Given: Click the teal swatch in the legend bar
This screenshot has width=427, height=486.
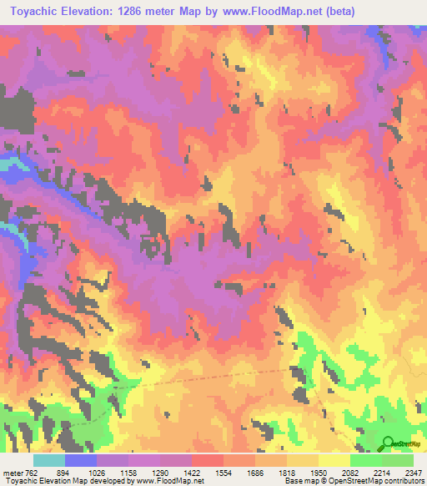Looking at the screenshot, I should click(49, 461).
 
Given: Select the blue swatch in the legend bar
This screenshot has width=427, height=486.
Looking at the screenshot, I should click(81, 461).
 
